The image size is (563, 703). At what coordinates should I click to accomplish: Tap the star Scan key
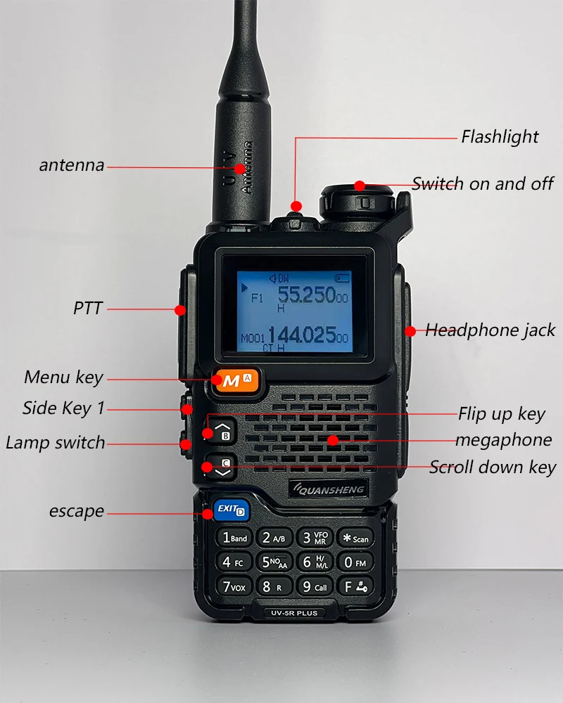point(355,538)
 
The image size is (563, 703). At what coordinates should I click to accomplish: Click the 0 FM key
point(355,562)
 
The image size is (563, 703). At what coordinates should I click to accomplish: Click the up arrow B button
point(223,430)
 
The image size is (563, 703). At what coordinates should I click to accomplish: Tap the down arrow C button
point(223,467)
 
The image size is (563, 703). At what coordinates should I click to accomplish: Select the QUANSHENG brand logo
point(326,489)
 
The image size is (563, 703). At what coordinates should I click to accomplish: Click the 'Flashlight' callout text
point(500,136)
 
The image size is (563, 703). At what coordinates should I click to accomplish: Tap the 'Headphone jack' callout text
point(491,330)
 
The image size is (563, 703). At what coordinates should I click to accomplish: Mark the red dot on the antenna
point(241,169)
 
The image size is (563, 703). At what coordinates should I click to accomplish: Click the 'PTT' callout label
point(88,308)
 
